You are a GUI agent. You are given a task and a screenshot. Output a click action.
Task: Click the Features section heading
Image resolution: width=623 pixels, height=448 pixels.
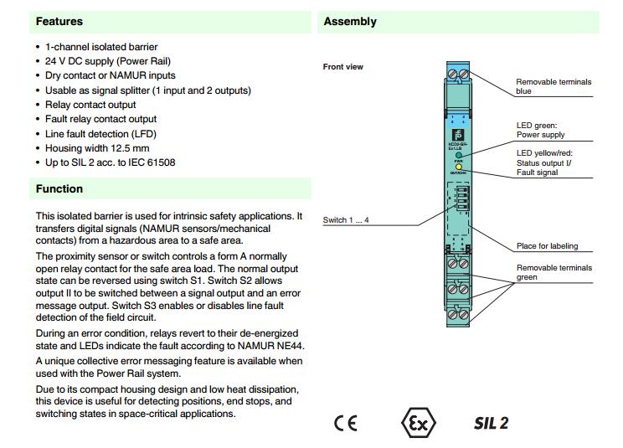pyautogui.click(x=59, y=21)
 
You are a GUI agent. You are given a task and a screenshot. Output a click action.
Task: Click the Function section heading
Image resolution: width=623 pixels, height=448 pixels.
pyautogui.click(x=59, y=189)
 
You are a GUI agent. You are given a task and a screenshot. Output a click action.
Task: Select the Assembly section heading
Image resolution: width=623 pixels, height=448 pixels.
pyautogui.click(x=350, y=21)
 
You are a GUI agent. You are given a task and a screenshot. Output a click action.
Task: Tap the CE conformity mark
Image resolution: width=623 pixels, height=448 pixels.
pyautogui.click(x=345, y=423)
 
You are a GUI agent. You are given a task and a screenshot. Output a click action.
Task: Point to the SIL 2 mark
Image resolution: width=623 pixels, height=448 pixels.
pyautogui.click(x=491, y=423)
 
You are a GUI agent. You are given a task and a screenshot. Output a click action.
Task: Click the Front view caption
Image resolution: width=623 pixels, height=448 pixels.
pyautogui.click(x=343, y=67)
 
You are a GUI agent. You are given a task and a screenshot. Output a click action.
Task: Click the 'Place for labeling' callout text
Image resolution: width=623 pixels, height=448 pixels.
pyautogui.click(x=547, y=246)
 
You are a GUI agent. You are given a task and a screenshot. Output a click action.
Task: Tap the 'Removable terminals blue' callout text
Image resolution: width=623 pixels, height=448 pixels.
pyautogui.click(x=553, y=86)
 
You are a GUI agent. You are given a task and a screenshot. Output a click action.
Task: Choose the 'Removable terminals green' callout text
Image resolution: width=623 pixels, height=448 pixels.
pyautogui.click(x=553, y=272)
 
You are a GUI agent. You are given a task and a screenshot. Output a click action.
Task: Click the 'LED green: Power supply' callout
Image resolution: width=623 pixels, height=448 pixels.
pyautogui.click(x=540, y=130)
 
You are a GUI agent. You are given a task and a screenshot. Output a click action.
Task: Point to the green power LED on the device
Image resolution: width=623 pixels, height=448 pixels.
pyautogui.click(x=459, y=155)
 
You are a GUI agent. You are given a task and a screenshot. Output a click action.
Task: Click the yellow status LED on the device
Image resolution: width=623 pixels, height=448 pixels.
pyautogui.click(x=459, y=166)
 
